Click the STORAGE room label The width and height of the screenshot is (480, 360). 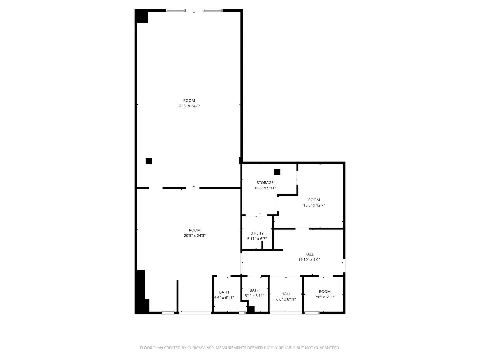coord(265,183)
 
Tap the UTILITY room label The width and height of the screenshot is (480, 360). coord(257,233)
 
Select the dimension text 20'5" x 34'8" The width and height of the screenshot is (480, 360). coord(189,106)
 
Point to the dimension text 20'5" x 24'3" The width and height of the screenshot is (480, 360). coord(195,236)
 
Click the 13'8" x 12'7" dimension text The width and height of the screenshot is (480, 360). coord(314,205)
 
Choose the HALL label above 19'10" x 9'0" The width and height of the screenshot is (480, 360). coord(309,254)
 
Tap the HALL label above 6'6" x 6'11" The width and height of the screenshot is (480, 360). coord(286,294)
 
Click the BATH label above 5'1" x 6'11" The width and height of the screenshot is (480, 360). coord(255,290)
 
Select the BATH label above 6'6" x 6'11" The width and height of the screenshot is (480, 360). coord(224,292)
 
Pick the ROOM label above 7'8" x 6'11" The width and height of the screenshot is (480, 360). coord(325,292)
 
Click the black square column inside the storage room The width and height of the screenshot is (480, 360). coord(277,172)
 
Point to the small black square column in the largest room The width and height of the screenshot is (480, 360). coord(149,161)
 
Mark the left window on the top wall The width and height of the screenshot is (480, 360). coord(176,10)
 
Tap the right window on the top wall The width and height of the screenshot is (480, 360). coord(213,10)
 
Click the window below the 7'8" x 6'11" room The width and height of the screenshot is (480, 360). coord(312,313)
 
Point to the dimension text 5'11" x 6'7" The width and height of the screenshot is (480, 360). coord(257,239)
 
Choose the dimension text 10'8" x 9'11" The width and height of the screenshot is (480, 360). coord(265,188)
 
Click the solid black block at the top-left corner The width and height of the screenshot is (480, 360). coord(141,16)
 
